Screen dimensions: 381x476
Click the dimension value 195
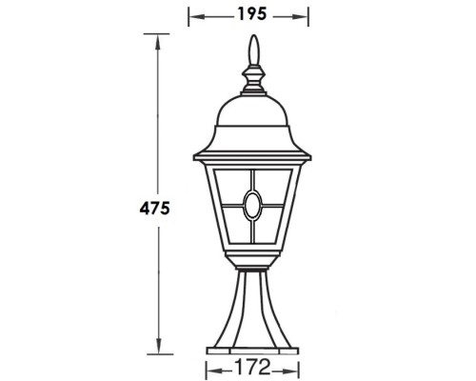(x=249, y=14)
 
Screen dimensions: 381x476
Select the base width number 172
(x=252, y=366)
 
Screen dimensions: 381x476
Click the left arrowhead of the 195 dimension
(x=192, y=15)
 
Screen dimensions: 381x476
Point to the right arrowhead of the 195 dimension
(x=307, y=15)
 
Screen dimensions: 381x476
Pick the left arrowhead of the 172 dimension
(x=209, y=366)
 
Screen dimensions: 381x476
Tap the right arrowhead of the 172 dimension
(x=295, y=366)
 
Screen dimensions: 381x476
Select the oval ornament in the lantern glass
(x=252, y=203)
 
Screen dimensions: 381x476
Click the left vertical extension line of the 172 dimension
(x=206, y=362)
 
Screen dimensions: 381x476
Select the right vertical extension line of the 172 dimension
(x=299, y=362)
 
